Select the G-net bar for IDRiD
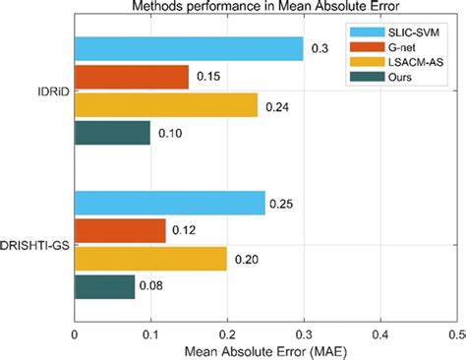coord(132,76)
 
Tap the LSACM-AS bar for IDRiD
coord(166,104)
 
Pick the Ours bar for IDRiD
coord(113,133)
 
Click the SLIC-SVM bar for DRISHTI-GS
coord(170,203)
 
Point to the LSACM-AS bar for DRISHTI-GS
coord(150,260)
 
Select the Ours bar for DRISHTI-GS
coord(105,287)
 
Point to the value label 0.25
coord(283,204)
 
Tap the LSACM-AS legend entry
coord(407,62)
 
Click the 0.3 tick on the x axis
coord(304,333)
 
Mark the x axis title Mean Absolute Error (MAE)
coord(265,350)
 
